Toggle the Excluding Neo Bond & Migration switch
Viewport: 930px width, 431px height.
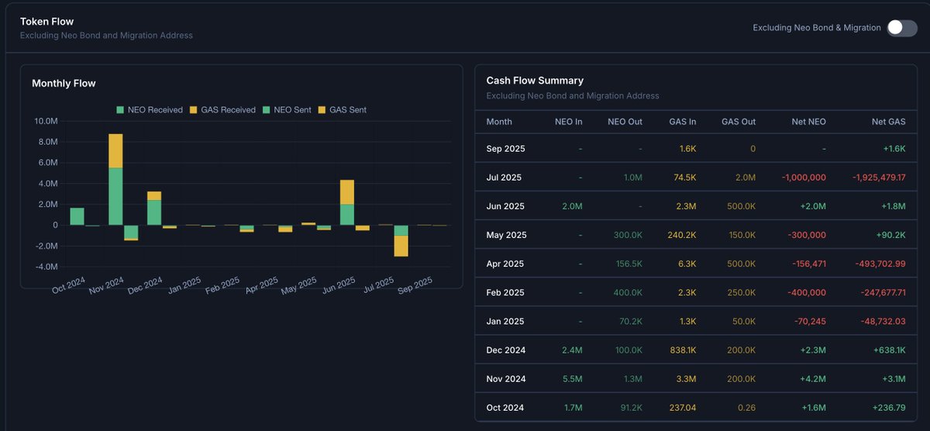click(901, 28)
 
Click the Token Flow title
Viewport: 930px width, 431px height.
click(46, 21)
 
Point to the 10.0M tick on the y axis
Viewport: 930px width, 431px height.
click(46, 122)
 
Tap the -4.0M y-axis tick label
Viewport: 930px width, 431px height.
click(46, 267)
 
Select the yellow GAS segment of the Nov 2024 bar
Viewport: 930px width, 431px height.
click(115, 150)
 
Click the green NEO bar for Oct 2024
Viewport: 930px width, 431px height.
click(77, 216)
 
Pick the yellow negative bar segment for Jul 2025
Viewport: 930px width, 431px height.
click(401, 246)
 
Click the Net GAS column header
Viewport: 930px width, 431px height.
click(889, 122)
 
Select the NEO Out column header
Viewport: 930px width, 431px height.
click(625, 122)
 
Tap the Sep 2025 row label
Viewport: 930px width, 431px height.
click(505, 148)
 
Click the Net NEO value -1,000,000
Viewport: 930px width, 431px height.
click(803, 178)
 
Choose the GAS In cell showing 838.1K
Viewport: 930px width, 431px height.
click(682, 350)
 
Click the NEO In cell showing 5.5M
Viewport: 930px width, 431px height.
click(572, 379)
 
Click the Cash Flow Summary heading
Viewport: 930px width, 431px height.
click(535, 81)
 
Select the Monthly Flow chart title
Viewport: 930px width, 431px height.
click(64, 83)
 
